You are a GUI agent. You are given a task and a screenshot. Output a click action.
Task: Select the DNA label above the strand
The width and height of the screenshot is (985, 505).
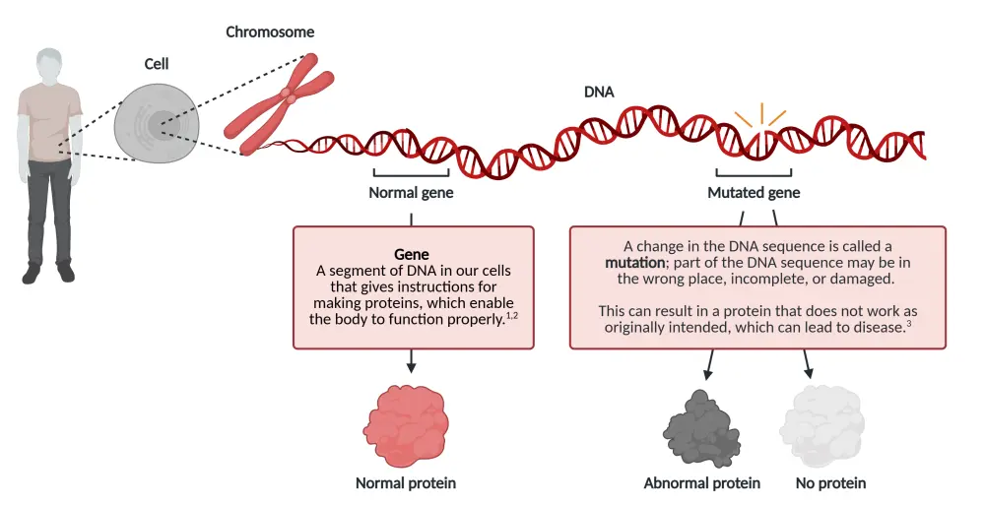pyautogui.click(x=599, y=93)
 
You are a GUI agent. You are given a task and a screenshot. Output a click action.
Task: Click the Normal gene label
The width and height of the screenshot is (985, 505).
pyautogui.click(x=411, y=193)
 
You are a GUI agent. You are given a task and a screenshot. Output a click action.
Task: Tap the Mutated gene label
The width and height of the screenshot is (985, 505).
pyautogui.click(x=754, y=193)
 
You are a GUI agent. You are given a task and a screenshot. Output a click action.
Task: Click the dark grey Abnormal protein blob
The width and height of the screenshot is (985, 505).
pyautogui.click(x=702, y=426)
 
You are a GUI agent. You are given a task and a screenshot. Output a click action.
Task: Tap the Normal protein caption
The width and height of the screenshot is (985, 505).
pyautogui.click(x=406, y=483)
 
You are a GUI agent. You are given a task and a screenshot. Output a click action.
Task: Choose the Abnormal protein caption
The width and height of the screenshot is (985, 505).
pyautogui.click(x=702, y=483)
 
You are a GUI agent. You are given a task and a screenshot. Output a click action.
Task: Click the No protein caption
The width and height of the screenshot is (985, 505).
pyautogui.click(x=831, y=483)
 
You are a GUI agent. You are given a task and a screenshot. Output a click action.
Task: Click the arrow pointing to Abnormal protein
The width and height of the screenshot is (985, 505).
pyautogui.click(x=708, y=365)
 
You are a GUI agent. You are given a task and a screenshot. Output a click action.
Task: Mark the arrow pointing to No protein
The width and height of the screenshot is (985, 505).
pyautogui.click(x=809, y=365)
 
